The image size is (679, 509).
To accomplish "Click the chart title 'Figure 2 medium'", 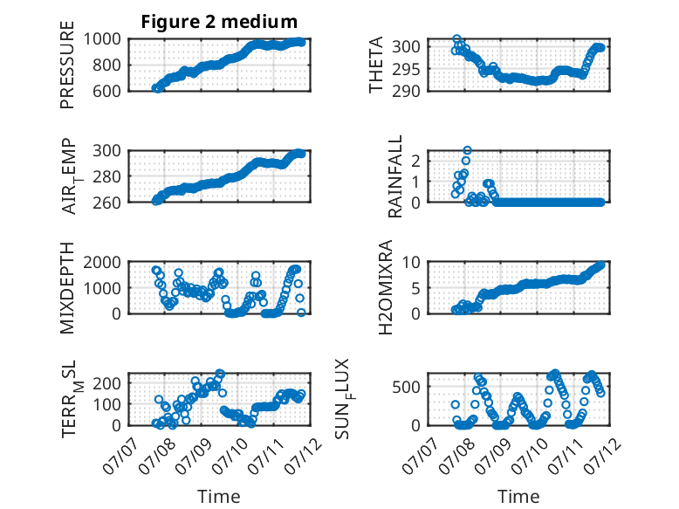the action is point(219,22).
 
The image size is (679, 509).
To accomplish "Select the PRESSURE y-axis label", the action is point(67,65).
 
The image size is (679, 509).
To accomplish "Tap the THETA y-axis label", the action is point(376,65).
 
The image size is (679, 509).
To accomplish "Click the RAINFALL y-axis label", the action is point(395,176).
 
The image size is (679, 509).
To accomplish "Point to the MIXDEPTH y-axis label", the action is point(67,287).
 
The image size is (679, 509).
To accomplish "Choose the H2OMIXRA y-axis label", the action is point(385,287).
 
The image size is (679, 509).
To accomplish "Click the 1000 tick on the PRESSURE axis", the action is point(102,39).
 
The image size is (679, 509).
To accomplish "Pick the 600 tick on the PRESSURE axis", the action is point(106,91).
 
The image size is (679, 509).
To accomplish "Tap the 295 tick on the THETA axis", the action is point(406,69).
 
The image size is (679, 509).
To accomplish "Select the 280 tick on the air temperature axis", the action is point(106,176).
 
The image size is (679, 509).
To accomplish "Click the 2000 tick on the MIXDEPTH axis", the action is point(102,262).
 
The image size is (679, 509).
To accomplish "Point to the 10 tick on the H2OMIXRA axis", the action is point(411,262).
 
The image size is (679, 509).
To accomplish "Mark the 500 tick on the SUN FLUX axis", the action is point(406,387).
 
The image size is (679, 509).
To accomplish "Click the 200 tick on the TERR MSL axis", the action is point(106,383).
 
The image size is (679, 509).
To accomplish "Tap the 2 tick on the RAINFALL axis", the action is point(416,162).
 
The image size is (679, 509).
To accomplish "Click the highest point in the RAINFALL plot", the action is point(467,150).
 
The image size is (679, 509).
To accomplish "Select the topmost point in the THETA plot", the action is point(456,39).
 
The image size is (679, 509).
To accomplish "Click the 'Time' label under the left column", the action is point(219,496).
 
